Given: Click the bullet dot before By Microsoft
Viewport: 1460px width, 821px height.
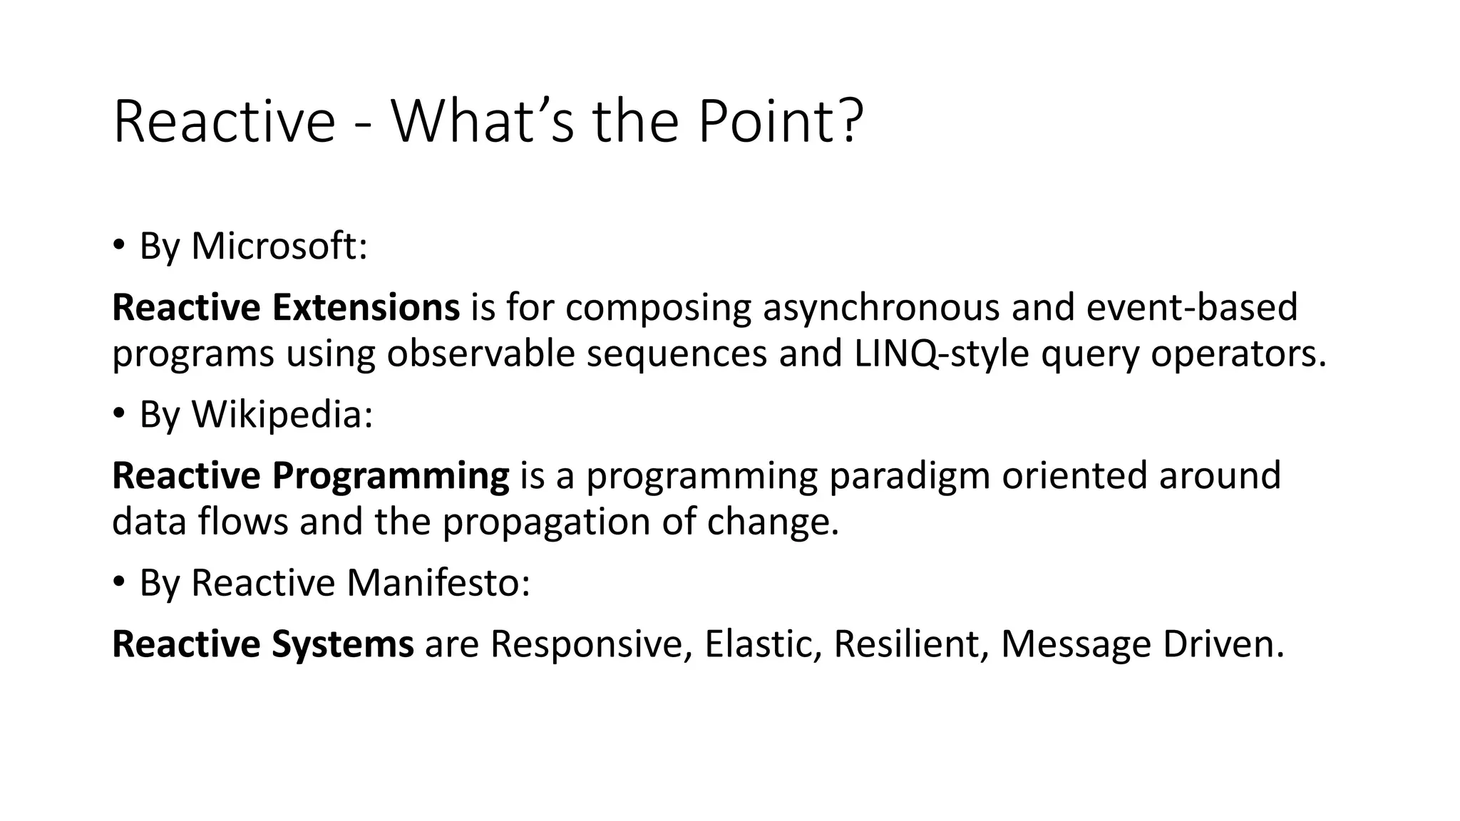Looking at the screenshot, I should (118, 245).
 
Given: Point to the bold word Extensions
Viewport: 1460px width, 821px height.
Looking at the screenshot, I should (366, 307).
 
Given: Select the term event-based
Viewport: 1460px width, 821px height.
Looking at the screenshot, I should (1192, 307).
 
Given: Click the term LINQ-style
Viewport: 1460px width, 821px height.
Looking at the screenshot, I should (941, 353).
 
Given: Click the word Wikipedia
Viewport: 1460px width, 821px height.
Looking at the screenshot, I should (282, 414).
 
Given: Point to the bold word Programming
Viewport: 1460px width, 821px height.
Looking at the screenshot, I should (390, 475).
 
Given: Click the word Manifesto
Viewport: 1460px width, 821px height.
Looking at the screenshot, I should (438, 582).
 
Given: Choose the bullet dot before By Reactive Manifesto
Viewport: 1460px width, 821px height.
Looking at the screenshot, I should (118, 582).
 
